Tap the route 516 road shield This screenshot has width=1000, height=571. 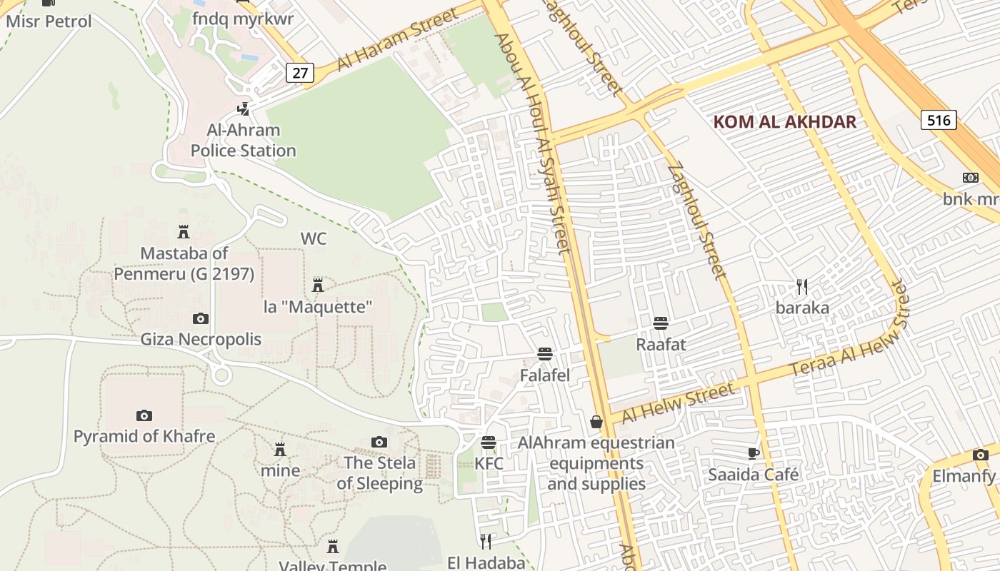pos(939,120)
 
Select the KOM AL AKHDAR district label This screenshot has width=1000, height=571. pos(784,121)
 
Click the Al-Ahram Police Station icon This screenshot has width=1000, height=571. pos(244,109)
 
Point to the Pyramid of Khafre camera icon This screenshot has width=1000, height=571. pos(144,415)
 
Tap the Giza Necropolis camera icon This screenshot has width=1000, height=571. pos(201,318)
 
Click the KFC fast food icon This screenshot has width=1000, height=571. pos(489,443)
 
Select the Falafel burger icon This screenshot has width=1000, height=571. pos(545,354)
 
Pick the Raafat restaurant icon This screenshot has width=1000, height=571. pos(661,323)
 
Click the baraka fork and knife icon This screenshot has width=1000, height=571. pos(802,287)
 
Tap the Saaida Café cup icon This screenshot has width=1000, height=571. pos(753,453)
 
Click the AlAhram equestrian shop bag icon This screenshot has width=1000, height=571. pos(596,422)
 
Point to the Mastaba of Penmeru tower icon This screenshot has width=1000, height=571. pos(184,232)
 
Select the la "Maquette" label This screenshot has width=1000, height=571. pos(319,308)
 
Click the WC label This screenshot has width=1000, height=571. pos(314,238)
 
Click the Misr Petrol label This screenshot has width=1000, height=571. pos(49,21)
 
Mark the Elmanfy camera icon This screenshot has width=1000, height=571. pos(980,455)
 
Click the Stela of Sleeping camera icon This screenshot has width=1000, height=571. pos(379,443)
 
